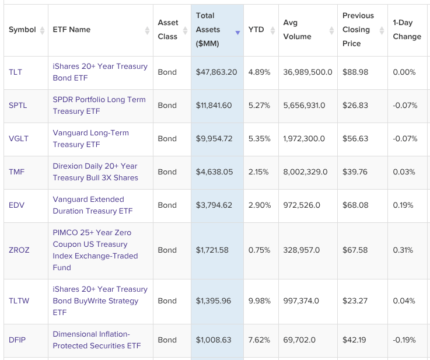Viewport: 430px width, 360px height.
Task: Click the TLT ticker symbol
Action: (15, 72)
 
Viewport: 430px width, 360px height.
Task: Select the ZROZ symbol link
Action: (19, 250)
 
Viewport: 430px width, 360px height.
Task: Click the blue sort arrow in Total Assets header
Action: (237, 33)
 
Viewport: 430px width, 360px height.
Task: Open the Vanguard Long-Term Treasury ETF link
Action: (90, 138)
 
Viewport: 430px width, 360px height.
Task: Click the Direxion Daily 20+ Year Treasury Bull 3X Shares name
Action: (95, 172)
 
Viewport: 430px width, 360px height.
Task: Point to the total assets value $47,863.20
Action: (216, 72)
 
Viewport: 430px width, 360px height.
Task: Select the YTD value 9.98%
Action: (259, 300)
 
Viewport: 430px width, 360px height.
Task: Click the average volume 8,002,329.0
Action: (305, 172)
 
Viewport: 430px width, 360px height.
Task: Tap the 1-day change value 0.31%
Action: (403, 250)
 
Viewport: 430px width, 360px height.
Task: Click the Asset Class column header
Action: (168, 30)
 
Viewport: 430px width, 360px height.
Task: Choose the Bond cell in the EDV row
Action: (167, 205)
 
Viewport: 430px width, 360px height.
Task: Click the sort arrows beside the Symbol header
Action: (42, 30)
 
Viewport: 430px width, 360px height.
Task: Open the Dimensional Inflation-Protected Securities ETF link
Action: (96, 340)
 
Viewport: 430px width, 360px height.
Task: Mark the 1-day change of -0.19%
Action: (404, 340)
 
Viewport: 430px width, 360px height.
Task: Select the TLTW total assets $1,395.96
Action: (214, 300)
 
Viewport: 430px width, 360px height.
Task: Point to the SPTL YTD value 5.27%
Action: (259, 106)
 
